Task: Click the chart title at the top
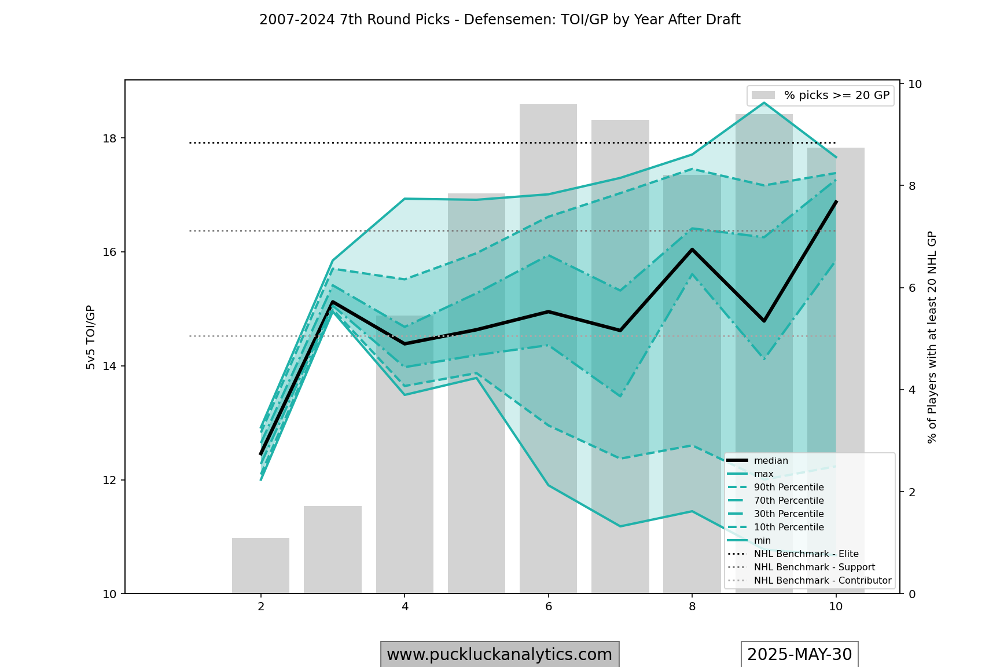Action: click(499, 20)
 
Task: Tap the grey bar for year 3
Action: click(333, 549)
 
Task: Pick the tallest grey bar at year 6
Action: click(548, 347)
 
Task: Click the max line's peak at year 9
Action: click(764, 103)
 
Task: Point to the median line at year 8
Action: click(692, 249)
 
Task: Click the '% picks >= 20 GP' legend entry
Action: click(820, 96)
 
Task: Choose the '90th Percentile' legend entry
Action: click(788, 488)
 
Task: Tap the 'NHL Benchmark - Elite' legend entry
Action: click(806, 554)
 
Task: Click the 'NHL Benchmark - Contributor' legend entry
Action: click(822, 581)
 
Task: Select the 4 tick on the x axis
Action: click(405, 607)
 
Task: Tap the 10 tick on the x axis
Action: click(836, 607)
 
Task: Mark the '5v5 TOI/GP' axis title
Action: click(91, 337)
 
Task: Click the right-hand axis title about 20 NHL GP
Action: click(932, 337)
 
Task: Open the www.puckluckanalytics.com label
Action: click(499, 654)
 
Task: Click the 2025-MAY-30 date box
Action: click(799, 654)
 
